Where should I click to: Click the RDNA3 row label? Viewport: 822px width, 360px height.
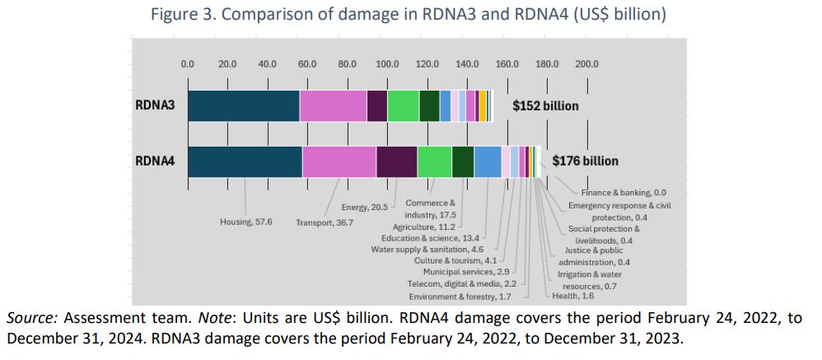(x=155, y=105)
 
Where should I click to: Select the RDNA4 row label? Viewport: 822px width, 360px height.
(x=155, y=161)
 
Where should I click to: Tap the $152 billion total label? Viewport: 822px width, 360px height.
(x=545, y=106)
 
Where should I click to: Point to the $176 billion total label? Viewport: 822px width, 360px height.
(x=585, y=161)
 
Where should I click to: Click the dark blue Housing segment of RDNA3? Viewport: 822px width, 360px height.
(x=243, y=105)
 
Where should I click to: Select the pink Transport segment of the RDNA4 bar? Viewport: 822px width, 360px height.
(x=339, y=161)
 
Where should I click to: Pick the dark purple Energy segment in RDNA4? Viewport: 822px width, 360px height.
(x=396, y=161)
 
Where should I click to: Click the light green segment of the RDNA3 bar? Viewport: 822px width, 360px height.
(x=403, y=105)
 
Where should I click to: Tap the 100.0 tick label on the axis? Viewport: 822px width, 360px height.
(x=387, y=63)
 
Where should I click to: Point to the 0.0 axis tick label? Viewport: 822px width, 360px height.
(x=188, y=63)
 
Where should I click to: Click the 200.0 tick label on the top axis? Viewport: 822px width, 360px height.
(x=586, y=63)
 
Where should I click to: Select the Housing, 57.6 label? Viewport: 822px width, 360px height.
(x=246, y=222)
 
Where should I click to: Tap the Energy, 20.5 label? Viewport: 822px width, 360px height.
(x=364, y=207)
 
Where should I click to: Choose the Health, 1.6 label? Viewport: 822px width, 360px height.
(x=571, y=296)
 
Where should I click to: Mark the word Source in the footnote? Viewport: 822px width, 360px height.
(x=29, y=319)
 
